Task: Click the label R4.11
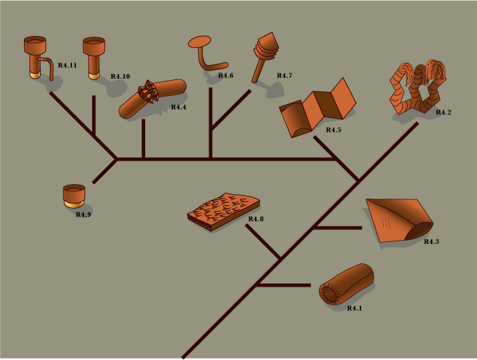coord(67,65)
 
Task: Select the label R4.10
coord(120,76)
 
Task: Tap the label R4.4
coord(179,107)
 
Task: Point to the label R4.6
coord(226,75)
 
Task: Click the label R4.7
coord(284,75)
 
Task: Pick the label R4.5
coord(333,129)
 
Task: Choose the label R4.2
coord(443,112)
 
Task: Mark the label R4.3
coord(431,241)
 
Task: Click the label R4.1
coord(354,308)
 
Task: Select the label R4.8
coord(256,219)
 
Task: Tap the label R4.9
coord(83,215)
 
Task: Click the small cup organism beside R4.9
coord(73,196)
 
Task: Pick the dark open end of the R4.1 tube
coord(330,293)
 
